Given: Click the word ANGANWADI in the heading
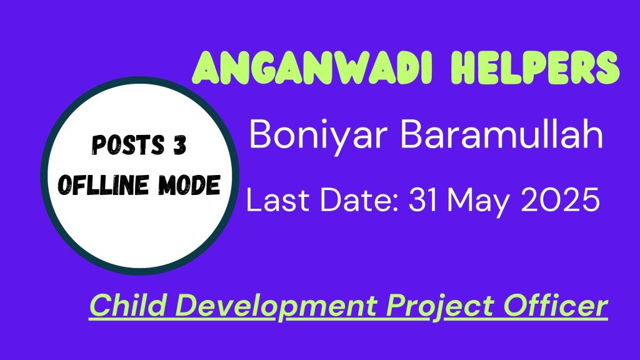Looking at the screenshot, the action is tap(312, 67).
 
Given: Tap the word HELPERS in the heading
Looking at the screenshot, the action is tap(535, 67).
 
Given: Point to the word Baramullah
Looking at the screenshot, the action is tap(502, 134).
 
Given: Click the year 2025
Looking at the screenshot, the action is tap(560, 200).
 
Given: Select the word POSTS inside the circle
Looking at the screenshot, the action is tap(127, 145).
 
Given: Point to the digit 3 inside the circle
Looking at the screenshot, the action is tap(179, 145).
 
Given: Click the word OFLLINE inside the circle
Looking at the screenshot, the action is tap(103, 185).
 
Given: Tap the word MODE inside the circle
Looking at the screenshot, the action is tap(189, 185).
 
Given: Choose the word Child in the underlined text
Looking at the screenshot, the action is tap(127, 305).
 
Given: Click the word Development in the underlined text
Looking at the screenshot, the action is tap(276, 307).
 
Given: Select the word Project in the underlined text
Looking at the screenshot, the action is tap(441, 307).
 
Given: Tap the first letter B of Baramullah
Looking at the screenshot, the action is tap(412, 134).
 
